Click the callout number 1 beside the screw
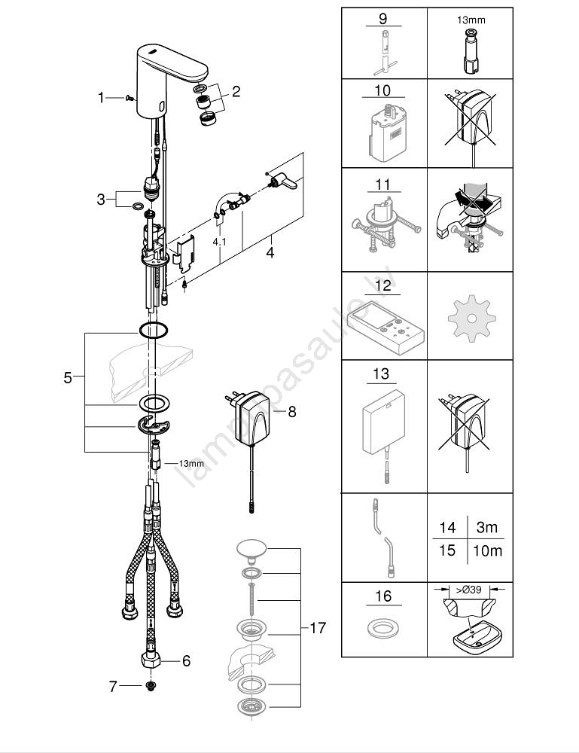click(102, 97)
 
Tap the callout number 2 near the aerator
click(236, 92)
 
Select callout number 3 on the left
click(101, 200)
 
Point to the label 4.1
click(218, 242)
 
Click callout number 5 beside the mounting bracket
click(68, 377)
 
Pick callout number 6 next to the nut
click(186, 661)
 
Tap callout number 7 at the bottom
click(114, 686)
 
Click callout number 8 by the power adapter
click(292, 411)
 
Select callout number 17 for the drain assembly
click(318, 626)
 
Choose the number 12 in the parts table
click(383, 285)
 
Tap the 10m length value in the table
click(487, 550)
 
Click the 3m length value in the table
click(486, 528)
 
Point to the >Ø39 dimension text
click(468, 590)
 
